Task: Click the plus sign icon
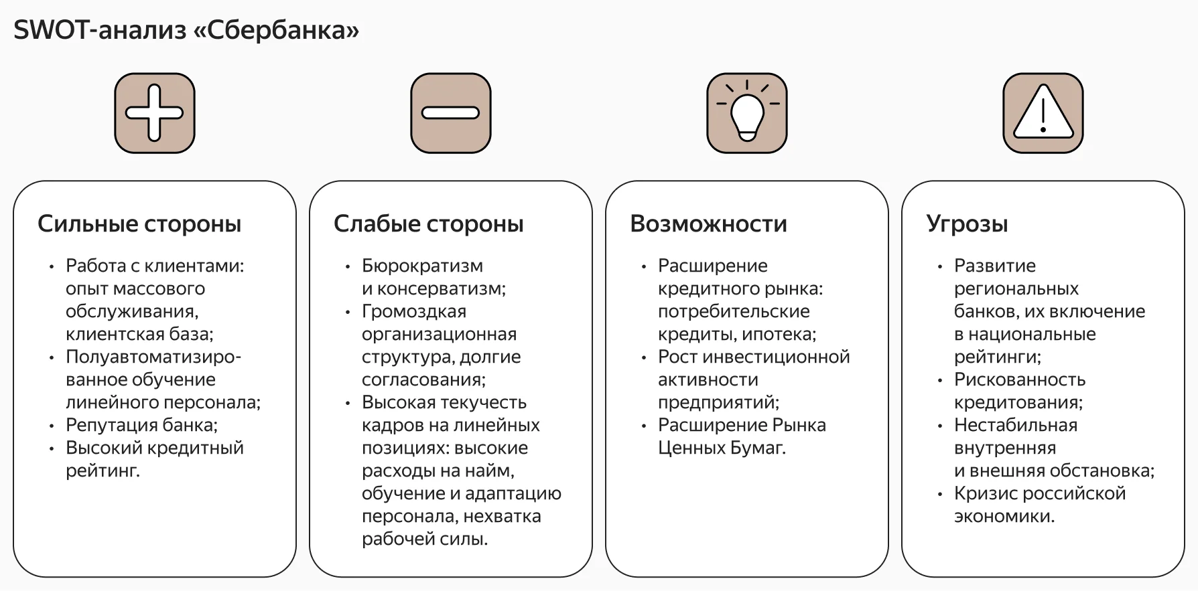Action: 155,113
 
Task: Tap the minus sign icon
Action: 451,113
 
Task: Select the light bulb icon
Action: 747,113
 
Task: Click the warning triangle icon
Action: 1043,113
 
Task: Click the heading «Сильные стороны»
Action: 139,224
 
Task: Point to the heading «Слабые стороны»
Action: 429,224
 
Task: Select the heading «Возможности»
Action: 709,224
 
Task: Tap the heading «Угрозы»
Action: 968,224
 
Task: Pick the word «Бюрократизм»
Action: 422,266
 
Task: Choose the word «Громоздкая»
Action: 414,311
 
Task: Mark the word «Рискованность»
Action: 1020,379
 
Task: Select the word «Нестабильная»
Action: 1016,425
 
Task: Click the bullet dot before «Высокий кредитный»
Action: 52,449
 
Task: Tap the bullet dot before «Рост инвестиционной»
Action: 644,358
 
